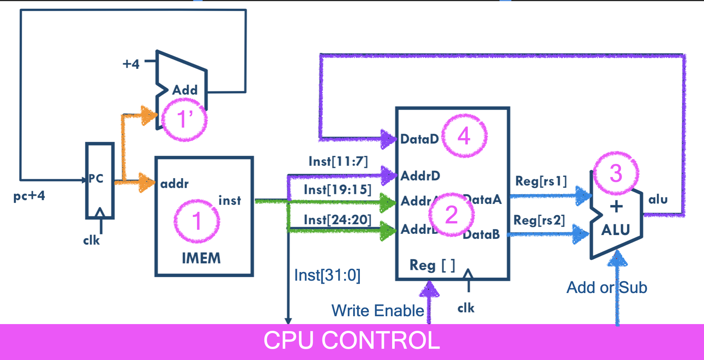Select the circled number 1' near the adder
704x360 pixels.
pos(184,120)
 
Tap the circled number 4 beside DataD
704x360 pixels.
pos(464,136)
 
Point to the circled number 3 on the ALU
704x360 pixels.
pos(616,173)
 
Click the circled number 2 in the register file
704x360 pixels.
pos(451,215)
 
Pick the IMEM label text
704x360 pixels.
pos(201,258)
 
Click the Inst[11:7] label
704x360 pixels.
pos(338,161)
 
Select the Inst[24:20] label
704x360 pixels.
pos(337,220)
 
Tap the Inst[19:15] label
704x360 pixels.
pos(337,190)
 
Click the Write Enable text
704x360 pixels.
pos(377,311)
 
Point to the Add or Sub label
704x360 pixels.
pos(607,287)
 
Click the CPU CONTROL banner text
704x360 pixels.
pos(352,341)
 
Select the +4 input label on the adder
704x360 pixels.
pos(131,64)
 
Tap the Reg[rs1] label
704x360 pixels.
pos(541,181)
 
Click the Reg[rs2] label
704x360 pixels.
pos(539,220)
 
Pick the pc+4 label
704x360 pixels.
pos(29,196)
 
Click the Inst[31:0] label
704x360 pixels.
pos(327,275)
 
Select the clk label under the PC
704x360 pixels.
pos(91,240)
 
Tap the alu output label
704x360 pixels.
pos(658,199)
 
